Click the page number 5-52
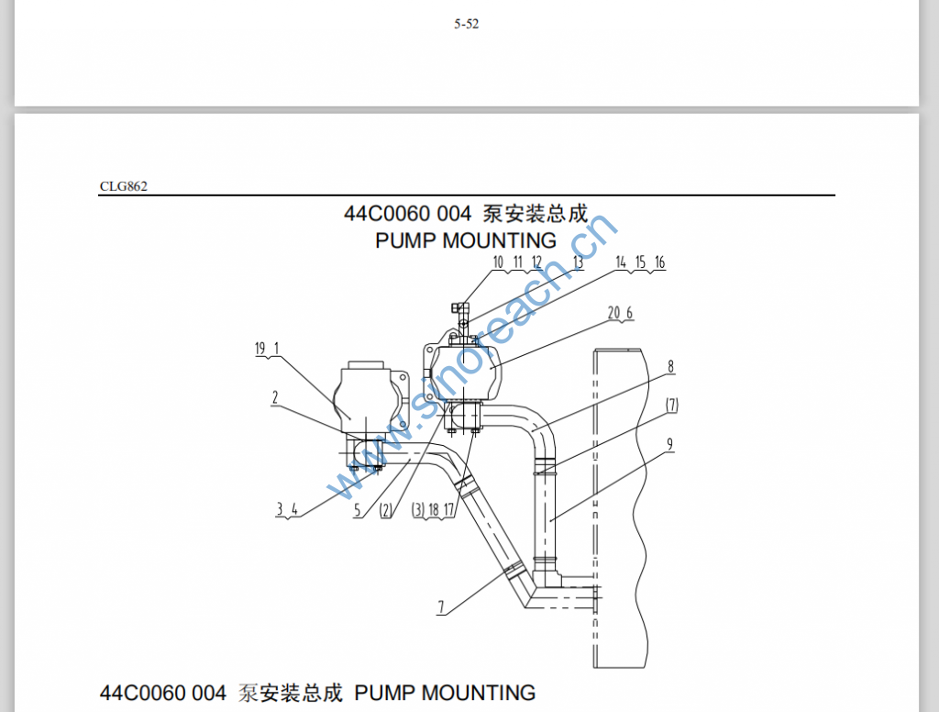(x=466, y=25)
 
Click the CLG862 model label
(x=124, y=186)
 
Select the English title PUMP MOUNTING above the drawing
(x=466, y=240)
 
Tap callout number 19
(x=260, y=348)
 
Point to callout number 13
(x=578, y=262)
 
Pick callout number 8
(x=671, y=366)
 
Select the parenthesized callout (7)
(x=672, y=405)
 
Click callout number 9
(x=670, y=445)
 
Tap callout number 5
(x=358, y=511)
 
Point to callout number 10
(x=499, y=262)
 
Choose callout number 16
(x=659, y=262)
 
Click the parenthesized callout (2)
(x=385, y=511)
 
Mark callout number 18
(x=435, y=510)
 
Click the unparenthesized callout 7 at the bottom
(x=440, y=606)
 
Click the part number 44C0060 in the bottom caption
(x=138, y=693)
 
